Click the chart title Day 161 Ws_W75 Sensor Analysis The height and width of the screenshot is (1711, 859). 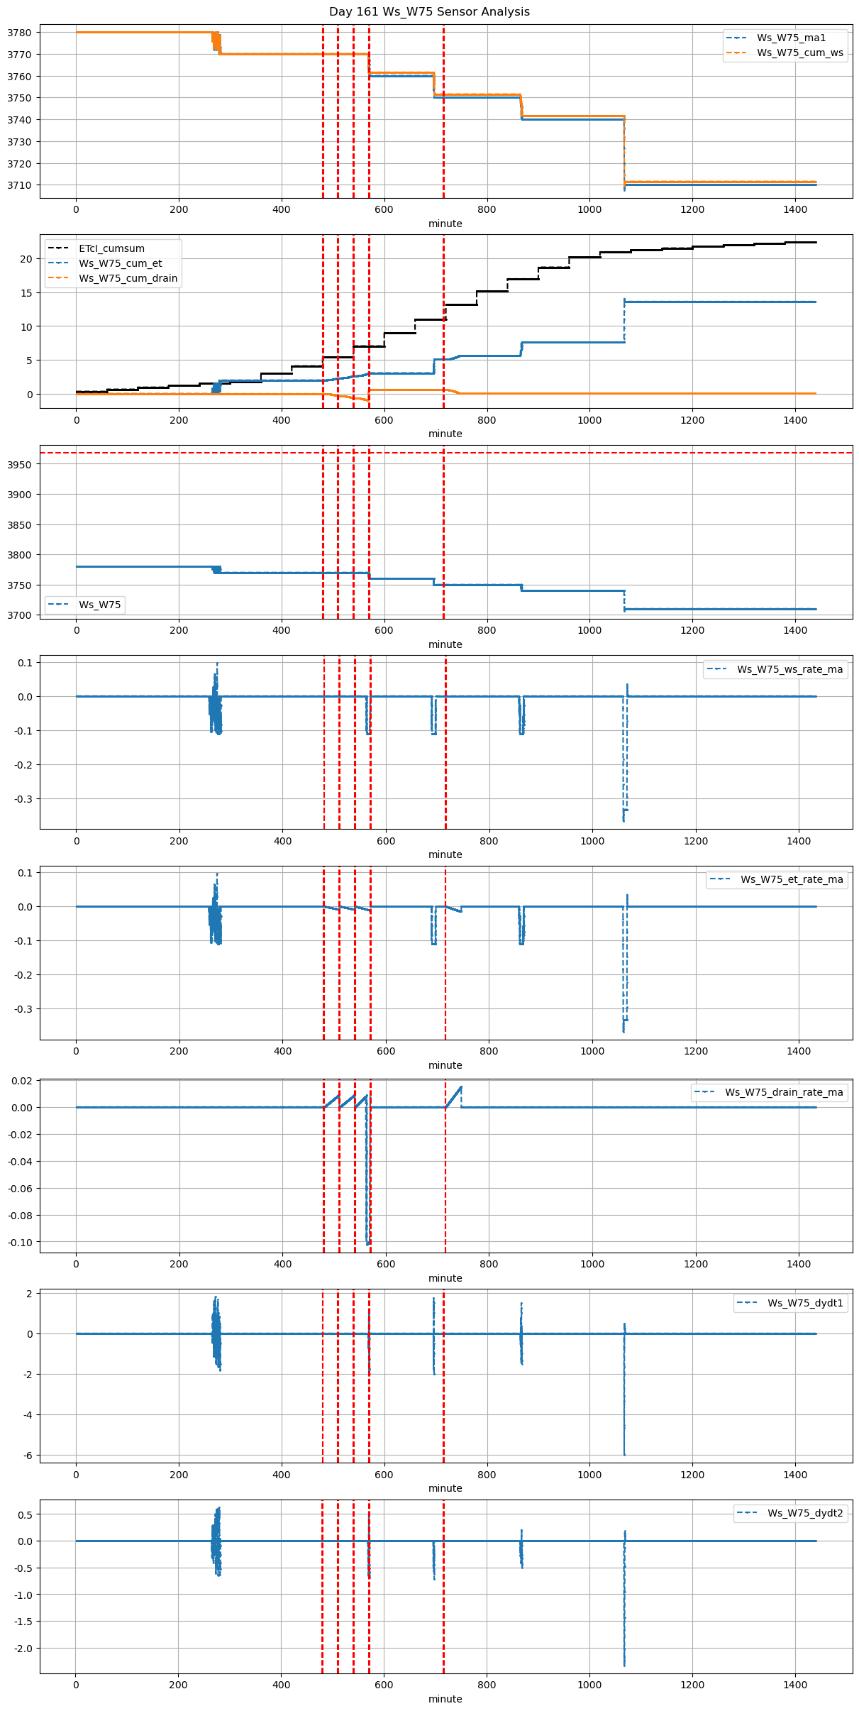(x=429, y=11)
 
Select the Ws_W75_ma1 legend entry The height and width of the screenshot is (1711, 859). (x=791, y=38)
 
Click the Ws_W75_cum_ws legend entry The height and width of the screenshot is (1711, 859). (x=799, y=53)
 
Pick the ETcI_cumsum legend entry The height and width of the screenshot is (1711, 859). (x=111, y=248)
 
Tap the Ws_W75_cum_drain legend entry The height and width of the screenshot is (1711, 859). (x=128, y=278)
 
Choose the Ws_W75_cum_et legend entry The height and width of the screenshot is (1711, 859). (x=120, y=263)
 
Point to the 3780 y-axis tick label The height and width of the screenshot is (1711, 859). (x=19, y=33)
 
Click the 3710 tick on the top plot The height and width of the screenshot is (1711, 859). (x=19, y=185)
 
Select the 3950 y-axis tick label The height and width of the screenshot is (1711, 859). (x=19, y=465)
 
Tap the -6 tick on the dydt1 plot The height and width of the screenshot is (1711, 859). (x=28, y=1456)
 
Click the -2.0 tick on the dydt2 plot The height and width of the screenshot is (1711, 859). (x=23, y=1649)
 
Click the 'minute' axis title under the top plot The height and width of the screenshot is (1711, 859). (x=445, y=224)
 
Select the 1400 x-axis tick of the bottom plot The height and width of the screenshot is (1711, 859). (x=795, y=1685)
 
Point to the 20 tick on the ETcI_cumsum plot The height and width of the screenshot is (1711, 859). (x=26, y=259)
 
